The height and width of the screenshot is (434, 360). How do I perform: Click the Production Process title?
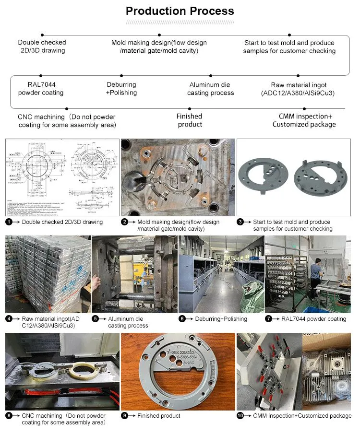pyautogui.click(x=180, y=11)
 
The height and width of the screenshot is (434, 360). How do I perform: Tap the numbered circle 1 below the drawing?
pyautogui.click(x=9, y=222)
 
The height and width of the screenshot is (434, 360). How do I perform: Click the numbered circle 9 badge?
pyautogui.click(x=124, y=416)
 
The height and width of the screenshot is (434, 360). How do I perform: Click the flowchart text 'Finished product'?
pyautogui.click(x=190, y=120)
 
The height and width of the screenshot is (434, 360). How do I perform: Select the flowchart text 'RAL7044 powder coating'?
pyautogui.click(x=41, y=89)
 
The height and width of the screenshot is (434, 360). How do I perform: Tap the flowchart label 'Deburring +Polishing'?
pyautogui.click(x=121, y=89)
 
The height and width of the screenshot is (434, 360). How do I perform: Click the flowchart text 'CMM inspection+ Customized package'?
pyautogui.click(x=304, y=120)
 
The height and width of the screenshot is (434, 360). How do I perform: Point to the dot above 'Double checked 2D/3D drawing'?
pyautogui.click(x=42, y=35)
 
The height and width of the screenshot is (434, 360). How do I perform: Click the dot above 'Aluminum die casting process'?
pyautogui.click(x=210, y=75)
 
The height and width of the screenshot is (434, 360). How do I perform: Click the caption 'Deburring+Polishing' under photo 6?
pyautogui.click(x=221, y=319)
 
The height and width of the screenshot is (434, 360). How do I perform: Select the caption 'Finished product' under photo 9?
pyautogui.click(x=159, y=416)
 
